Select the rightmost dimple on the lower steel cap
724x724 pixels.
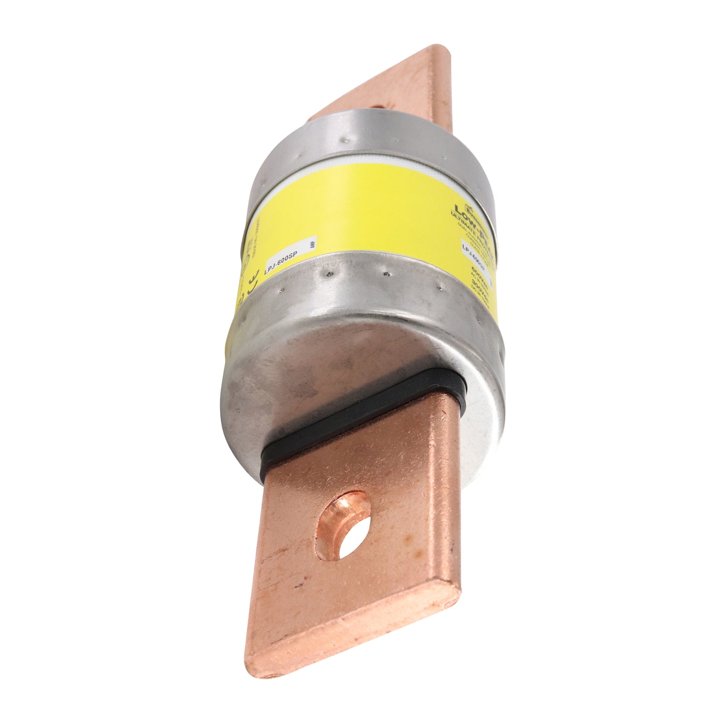439,288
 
